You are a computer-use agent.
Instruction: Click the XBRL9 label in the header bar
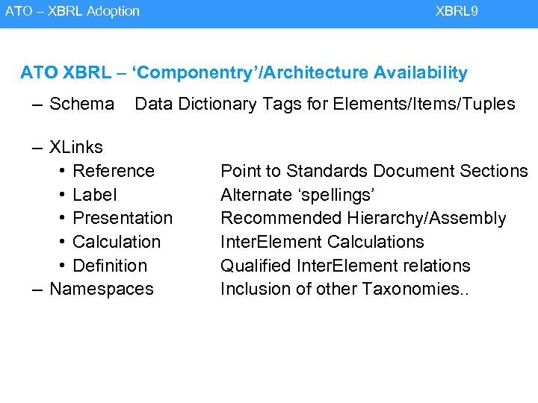pos(457,11)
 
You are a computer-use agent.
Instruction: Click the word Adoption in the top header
pos(111,11)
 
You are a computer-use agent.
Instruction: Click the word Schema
pos(81,104)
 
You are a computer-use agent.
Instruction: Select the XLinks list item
pos(75,147)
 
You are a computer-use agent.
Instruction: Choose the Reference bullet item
pos(114,171)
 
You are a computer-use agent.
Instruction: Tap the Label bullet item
pos(95,195)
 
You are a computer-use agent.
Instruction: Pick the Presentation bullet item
pos(123,218)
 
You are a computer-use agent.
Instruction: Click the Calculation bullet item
pos(117,242)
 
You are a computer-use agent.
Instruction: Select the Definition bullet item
pos(110,266)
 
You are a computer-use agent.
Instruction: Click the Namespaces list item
pos(101,289)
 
